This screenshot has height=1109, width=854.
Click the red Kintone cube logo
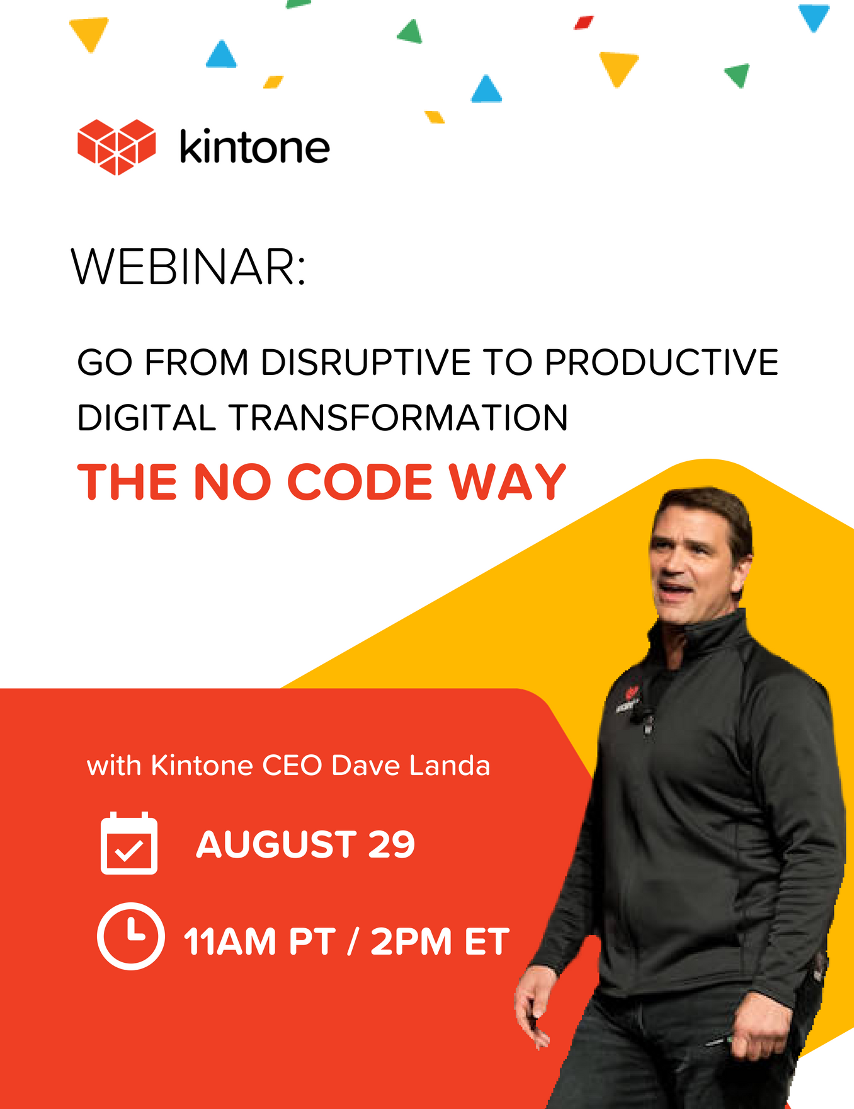coord(117,146)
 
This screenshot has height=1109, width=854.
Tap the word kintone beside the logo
coord(254,147)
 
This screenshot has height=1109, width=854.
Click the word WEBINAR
coord(188,267)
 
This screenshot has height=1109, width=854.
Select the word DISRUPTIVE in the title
coord(366,362)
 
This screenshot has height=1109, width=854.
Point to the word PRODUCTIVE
coord(661,362)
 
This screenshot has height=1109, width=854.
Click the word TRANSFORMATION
coord(398,418)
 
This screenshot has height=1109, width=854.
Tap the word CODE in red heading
coord(360,482)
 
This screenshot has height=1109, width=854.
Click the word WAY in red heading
coord(507,482)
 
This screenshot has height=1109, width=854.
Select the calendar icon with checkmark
coord(129,843)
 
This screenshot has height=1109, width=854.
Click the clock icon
coord(131,936)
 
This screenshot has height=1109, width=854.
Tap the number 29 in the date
coord(391,844)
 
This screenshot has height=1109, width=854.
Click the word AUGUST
coord(276,844)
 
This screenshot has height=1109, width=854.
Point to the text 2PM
coord(411,942)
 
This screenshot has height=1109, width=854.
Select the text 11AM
coord(229,942)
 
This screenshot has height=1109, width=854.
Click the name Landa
coord(449,766)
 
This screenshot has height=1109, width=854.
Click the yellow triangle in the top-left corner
coord(89,33)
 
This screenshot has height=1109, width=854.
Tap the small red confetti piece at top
coord(584,23)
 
